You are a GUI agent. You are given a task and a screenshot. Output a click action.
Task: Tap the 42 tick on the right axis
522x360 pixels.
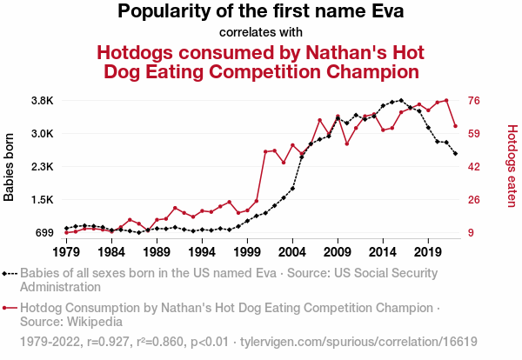tap(476, 167)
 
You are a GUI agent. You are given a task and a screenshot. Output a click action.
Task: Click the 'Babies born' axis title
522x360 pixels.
tap(10, 167)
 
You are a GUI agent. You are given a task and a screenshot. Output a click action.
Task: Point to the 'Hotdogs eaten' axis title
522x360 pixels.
tap(512, 167)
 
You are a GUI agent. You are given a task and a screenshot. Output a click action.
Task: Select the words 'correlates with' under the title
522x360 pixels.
tap(261, 32)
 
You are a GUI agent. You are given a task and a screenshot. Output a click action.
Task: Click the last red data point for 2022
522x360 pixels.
tap(455, 127)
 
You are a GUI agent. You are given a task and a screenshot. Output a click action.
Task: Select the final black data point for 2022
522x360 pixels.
tap(455, 153)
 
